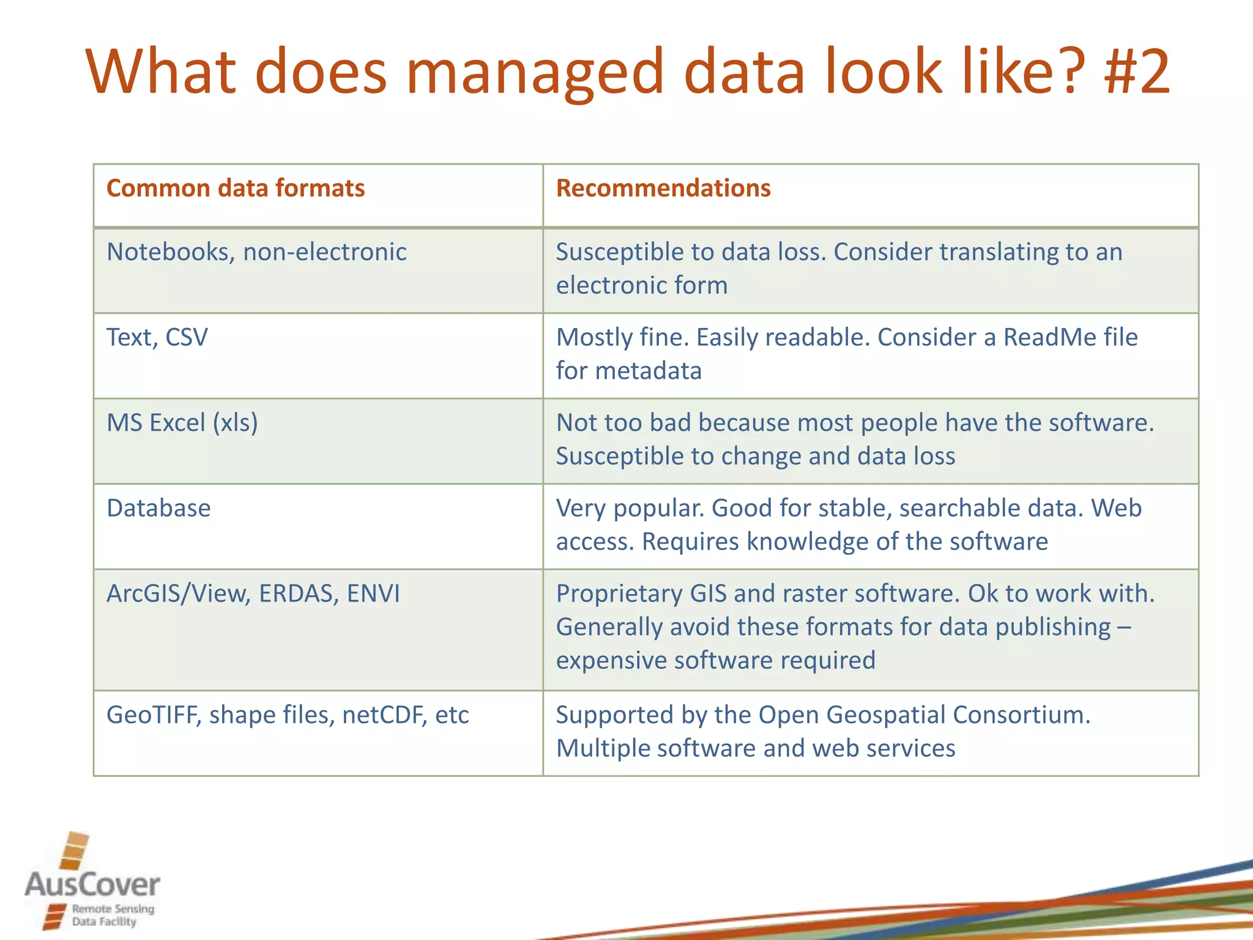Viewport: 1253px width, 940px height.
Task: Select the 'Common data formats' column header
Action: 236,188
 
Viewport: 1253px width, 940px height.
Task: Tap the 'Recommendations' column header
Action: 663,188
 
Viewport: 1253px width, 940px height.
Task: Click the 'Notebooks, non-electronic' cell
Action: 256,252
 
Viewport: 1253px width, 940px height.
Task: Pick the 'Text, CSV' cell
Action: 157,337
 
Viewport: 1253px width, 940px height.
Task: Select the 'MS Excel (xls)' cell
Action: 182,423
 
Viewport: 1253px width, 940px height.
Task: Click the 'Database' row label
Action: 158,508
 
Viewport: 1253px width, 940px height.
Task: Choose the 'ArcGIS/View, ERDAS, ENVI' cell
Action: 253,594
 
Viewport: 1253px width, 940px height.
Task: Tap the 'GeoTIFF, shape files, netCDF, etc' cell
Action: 288,715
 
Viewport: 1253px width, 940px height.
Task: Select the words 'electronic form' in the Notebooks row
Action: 642,285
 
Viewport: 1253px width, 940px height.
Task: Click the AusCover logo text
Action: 92,885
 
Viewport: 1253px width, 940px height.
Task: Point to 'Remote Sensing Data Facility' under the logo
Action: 113,916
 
